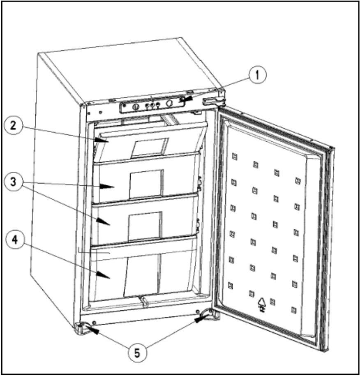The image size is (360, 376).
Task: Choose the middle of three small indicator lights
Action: tap(152, 106)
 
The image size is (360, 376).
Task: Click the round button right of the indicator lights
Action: tap(168, 104)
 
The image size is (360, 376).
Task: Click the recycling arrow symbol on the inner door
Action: tap(261, 304)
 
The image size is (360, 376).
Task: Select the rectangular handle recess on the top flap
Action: tap(149, 147)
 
